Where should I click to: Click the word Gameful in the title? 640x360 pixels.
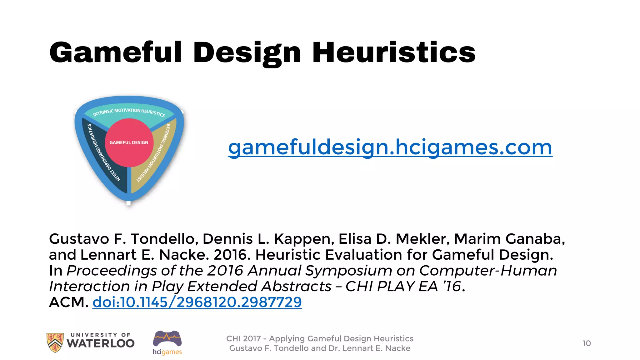point(116,52)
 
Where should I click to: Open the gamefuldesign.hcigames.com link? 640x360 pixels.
point(390,147)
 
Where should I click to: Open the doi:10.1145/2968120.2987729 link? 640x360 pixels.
point(197,302)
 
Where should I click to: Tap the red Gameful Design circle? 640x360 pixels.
point(129,142)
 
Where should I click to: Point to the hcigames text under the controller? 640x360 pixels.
point(167,352)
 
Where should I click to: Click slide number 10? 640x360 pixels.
point(587,343)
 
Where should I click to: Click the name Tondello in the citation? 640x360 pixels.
point(164,239)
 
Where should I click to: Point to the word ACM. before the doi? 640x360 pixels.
point(68,302)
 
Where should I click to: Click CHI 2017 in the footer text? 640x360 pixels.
point(243,339)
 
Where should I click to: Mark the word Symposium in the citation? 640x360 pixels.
point(348,271)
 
